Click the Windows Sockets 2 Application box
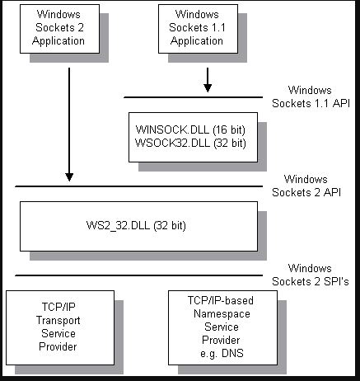[58, 27]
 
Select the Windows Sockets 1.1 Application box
[197, 27]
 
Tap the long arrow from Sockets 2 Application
[69, 124]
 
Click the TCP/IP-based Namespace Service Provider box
[209, 327]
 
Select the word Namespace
[209, 314]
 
